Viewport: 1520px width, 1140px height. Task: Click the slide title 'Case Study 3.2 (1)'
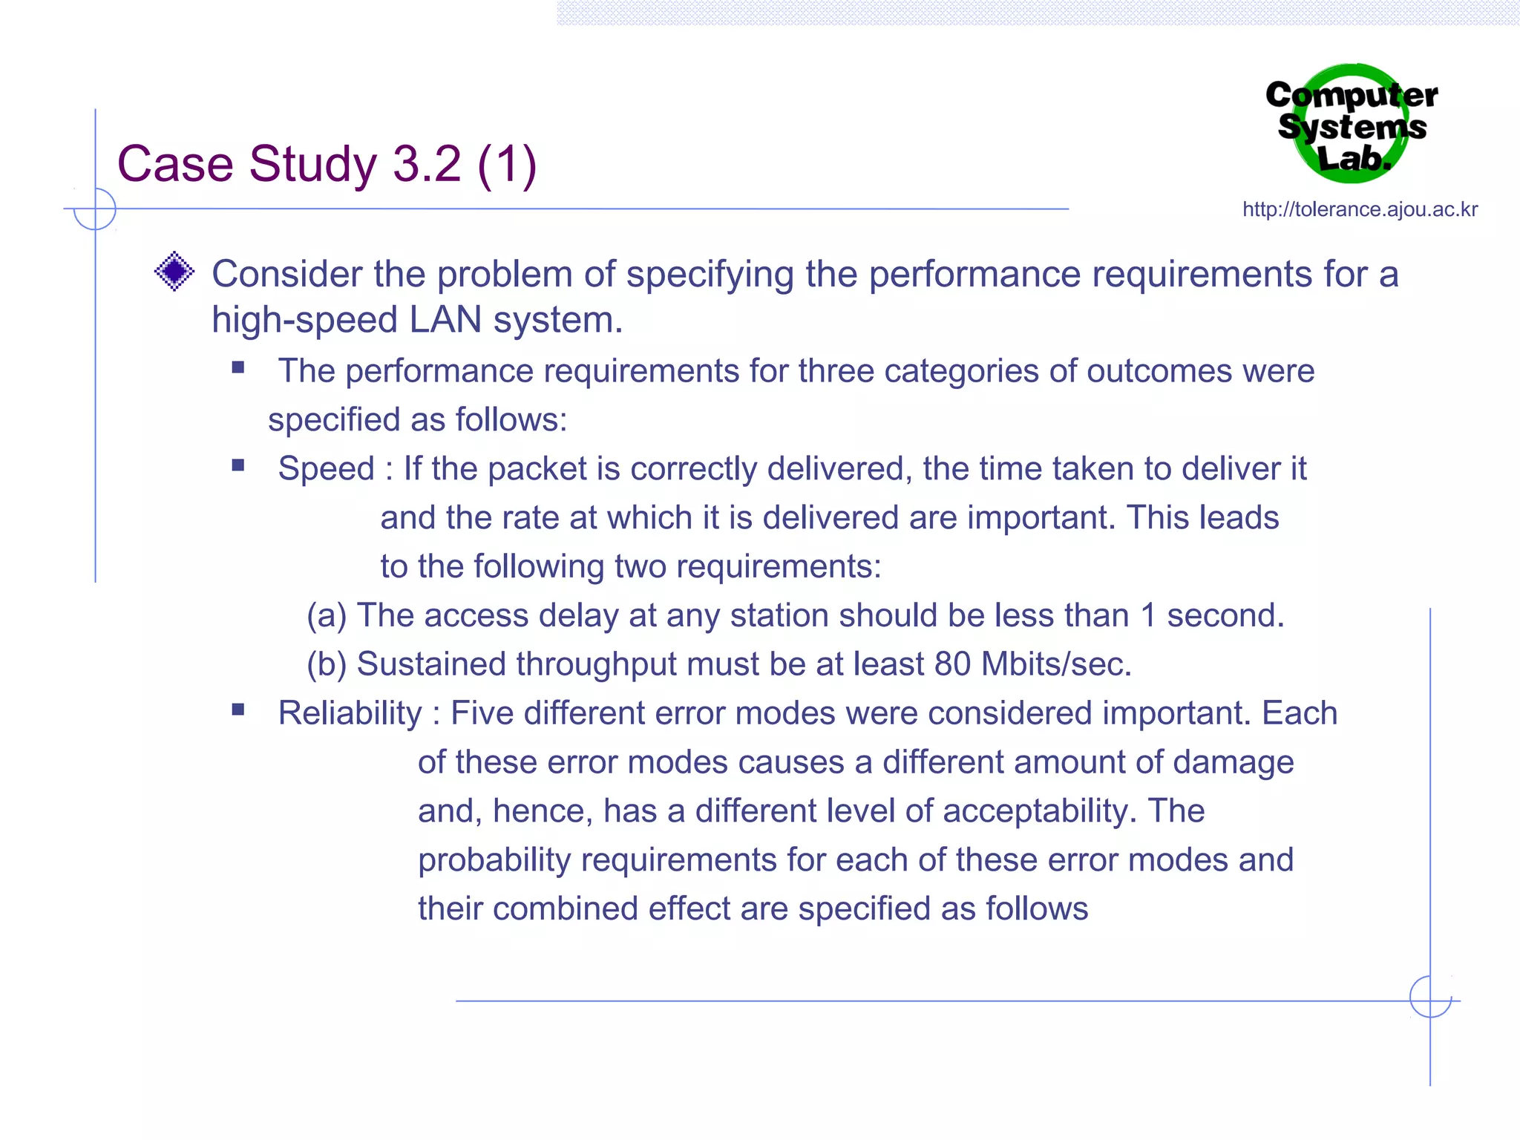[327, 164]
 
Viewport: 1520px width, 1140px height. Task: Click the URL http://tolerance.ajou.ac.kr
[1360, 210]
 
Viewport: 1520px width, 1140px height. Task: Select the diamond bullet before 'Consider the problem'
[174, 272]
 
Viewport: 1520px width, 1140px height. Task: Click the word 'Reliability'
[350, 713]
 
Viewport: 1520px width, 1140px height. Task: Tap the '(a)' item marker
[327, 616]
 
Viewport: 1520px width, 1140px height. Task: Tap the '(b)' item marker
[327, 664]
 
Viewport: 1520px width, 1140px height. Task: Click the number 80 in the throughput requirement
[952, 664]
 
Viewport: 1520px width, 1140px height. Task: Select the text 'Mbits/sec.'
[1056, 664]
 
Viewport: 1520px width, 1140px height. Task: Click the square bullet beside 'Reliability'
[238, 710]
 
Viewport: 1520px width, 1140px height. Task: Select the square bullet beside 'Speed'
[238, 465]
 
